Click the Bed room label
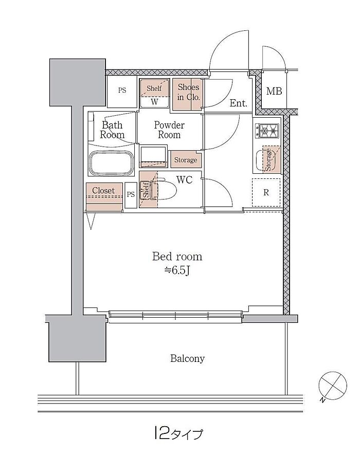tap(177, 257)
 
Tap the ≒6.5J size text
tap(177, 270)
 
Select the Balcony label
tap(187, 358)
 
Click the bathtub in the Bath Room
tap(111, 163)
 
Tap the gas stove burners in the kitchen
tap(267, 131)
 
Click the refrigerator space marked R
tap(266, 192)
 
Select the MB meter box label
tap(274, 91)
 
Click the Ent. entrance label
tap(238, 103)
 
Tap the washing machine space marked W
tap(154, 102)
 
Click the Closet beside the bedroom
tap(104, 197)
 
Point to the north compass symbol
tap(332, 386)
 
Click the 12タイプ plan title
tap(177, 433)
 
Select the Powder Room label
tap(169, 130)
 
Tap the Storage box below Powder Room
tap(185, 159)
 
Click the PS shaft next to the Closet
tap(131, 195)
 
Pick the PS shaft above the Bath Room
tap(122, 90)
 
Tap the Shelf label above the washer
tap(154, 88)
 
